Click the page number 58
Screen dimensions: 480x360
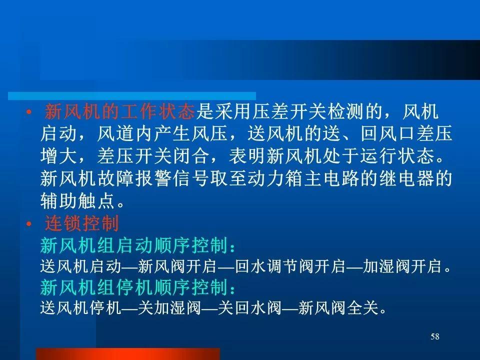434,336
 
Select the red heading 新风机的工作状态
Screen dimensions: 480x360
119,111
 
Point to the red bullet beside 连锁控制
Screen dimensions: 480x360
29,224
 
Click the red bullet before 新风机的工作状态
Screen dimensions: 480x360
29,112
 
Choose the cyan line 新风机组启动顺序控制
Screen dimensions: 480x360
138,245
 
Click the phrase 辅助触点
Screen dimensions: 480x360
77,201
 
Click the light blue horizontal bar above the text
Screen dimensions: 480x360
132,96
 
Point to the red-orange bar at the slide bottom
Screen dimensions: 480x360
128,354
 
